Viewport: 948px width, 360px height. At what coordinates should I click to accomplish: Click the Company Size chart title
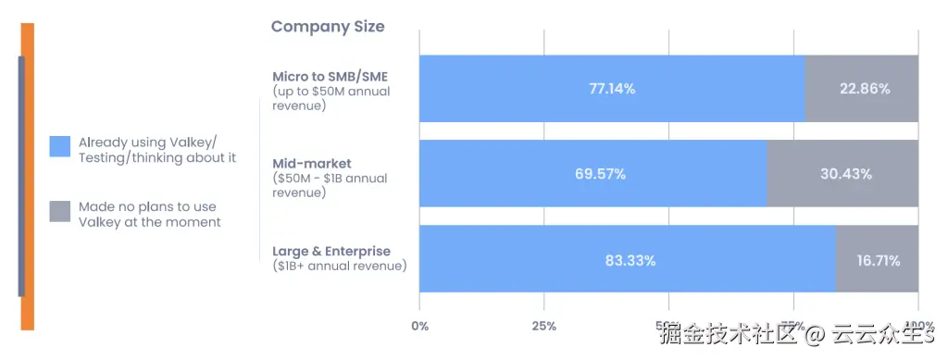click(327, 27)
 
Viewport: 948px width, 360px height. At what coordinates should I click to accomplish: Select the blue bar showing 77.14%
click(611, 89)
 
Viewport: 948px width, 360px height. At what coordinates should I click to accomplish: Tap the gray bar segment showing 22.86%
click(862, 89)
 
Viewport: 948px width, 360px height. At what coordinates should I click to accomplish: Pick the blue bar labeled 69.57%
click(592, 174)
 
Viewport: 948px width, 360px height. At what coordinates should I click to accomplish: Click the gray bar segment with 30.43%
click(843, 174)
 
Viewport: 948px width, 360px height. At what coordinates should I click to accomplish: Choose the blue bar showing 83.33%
click(628, 260)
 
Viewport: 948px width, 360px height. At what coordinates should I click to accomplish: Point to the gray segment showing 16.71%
click(877, 260)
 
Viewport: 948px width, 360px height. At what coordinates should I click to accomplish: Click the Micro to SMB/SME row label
click(330, 76)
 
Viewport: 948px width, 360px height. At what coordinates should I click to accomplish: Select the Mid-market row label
click(311, 163)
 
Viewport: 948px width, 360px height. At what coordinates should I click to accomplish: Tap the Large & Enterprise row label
click(331, 251)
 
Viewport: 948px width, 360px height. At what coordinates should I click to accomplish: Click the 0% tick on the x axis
click(419, 326)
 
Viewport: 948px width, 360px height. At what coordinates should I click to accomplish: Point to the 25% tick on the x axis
click(543, 326)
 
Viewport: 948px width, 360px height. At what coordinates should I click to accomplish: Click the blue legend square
click(60, 146)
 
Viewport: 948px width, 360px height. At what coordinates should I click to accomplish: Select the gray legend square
click(60, 211)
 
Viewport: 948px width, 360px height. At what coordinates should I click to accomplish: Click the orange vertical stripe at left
click(28, 176)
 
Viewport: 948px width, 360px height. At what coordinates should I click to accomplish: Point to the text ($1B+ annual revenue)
click(339, 267)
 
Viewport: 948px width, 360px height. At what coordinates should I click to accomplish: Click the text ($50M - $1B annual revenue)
click(330, 185)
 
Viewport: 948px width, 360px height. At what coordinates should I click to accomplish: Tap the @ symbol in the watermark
click(815, 334)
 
